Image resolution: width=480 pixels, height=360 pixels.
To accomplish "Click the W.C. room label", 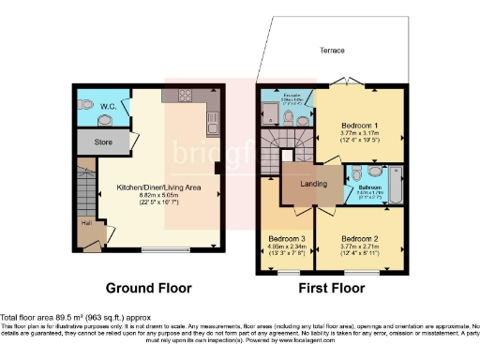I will pyautogui.click(x=108, y=107).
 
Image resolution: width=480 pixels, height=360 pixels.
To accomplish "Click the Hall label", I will pyautogui.click(x=85, y=223).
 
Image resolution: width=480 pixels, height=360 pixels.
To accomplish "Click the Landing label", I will pyautogui.click(x=314, y=183).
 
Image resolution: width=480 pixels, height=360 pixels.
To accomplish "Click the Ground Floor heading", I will pyautogui.click(x=148, y=288).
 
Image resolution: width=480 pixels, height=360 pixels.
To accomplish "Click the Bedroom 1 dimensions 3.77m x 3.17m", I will pyautogui.click(x=360, y=134).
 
